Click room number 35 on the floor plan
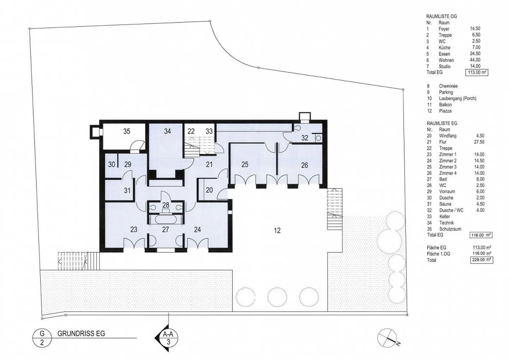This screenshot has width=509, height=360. (127, 131)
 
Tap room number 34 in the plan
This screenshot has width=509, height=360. (168, 131)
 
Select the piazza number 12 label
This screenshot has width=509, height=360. (277, 231)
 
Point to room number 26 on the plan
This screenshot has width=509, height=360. (304, 165)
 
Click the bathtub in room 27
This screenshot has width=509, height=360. (166, 220)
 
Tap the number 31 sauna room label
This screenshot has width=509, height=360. (127, 190)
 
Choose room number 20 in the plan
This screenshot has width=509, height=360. (209, 190)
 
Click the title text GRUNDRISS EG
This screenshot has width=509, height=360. (81, 333)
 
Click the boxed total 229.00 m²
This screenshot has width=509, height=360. (482, 260)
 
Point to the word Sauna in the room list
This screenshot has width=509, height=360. (445, 204)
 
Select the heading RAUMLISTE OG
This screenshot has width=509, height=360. (441, 16)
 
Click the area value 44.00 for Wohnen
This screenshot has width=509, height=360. (475, 60)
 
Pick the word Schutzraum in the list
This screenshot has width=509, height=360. (450, 229)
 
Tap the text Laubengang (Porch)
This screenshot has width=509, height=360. (458, 98)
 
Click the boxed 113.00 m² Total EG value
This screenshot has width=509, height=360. (477, 72)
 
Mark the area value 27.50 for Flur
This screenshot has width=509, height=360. (479, 142)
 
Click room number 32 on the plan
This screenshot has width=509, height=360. (305, 138)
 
